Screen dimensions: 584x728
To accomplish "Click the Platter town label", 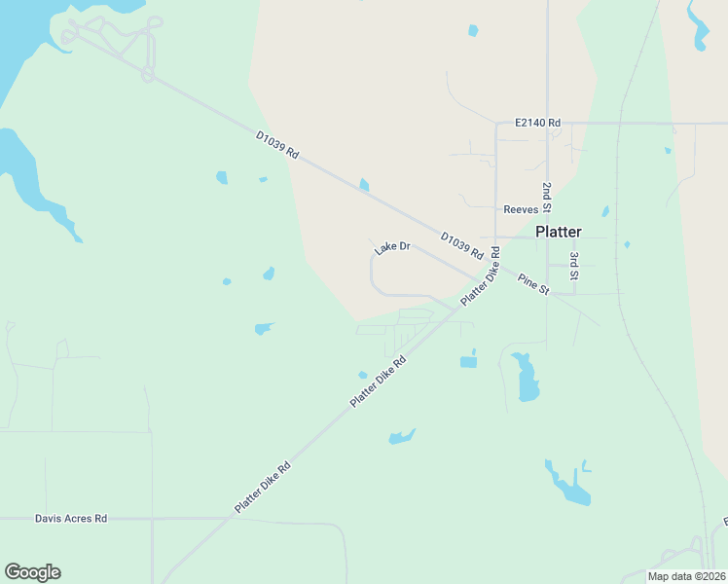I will [559, 232].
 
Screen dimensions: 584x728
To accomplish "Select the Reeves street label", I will [521, 209].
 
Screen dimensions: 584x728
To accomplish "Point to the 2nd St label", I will [547, 198].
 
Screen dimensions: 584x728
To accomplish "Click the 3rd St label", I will [574, 267].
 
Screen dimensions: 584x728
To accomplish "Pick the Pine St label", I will [533, 284].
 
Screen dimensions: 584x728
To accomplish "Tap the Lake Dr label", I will [392, 249].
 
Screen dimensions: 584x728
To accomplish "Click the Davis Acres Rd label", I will [71, 519].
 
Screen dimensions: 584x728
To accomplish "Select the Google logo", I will [32, 572].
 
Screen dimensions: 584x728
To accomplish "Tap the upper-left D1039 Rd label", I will [277, 146].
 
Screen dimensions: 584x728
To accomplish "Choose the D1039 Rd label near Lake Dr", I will [461, 245].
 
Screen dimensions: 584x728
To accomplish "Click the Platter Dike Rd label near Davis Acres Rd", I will [262, 489].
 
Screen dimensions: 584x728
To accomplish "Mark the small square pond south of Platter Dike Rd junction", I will [468, 362].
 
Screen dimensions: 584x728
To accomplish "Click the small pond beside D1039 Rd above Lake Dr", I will [364, 185].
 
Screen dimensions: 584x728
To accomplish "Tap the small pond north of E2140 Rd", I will [473, 31].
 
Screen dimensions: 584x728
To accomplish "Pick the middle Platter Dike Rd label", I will [378, 382].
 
